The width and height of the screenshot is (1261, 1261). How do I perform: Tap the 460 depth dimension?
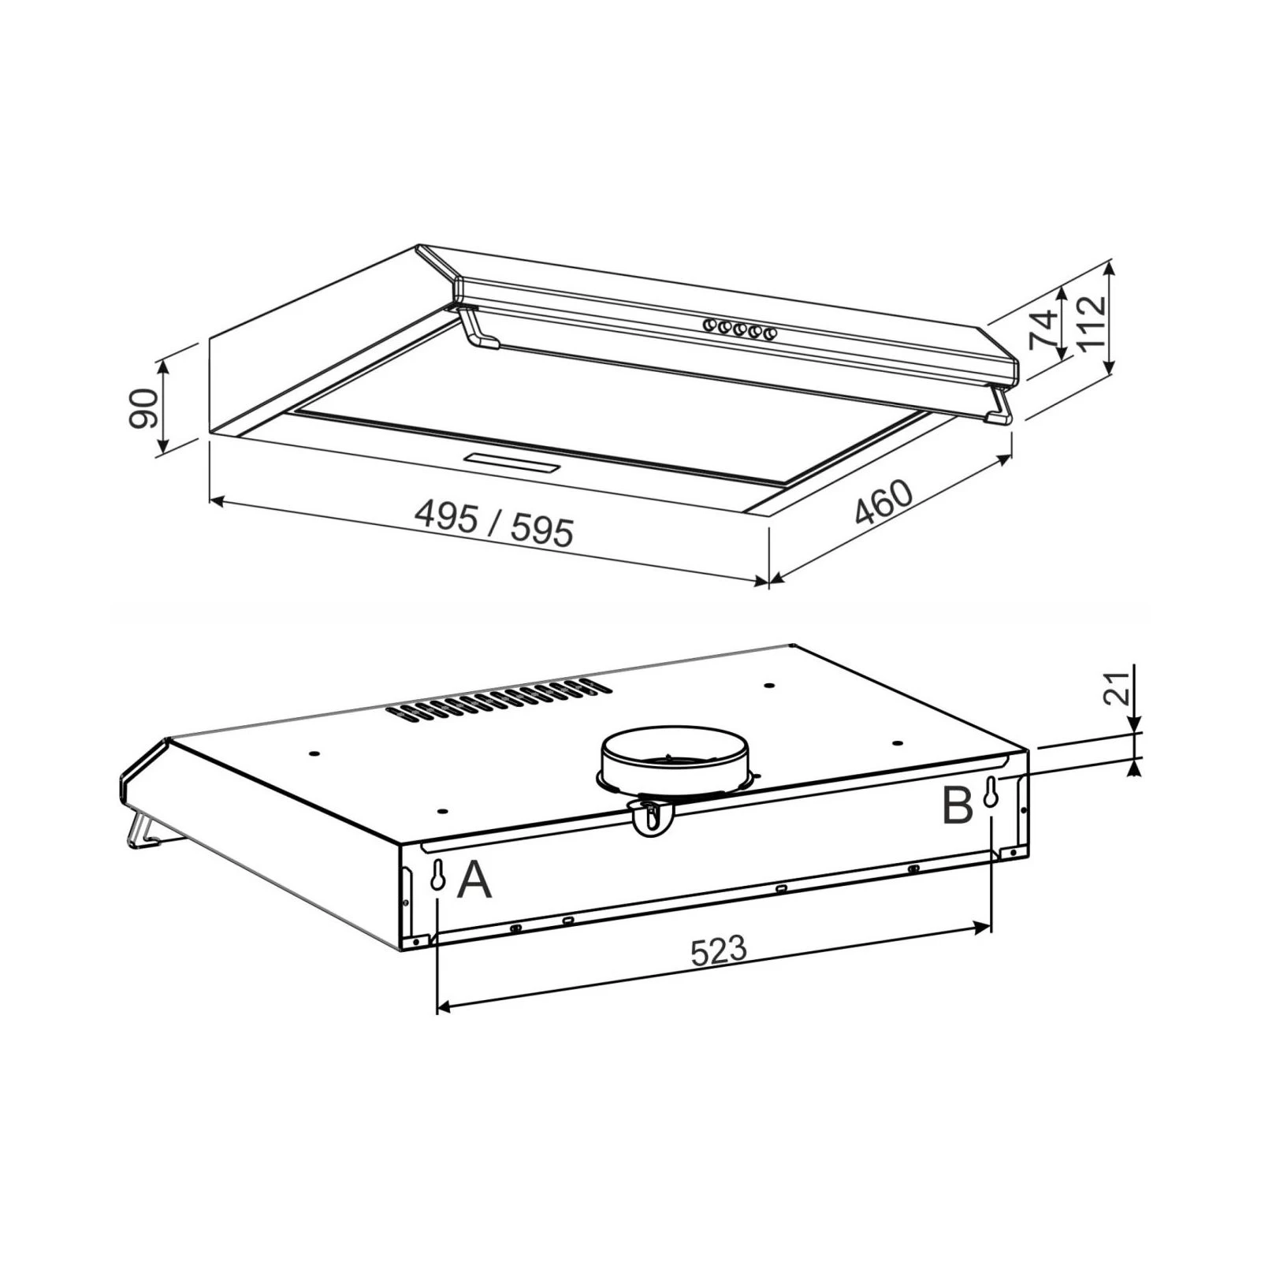click(883, 502)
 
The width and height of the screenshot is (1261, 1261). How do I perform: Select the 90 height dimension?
click(143, 407)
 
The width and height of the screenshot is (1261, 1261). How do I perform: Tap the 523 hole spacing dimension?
click(718, 950)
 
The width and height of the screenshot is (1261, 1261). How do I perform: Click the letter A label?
click(474, 880)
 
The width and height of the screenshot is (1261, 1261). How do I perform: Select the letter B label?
click(958, 806)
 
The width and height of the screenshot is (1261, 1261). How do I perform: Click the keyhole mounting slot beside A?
click(437, 876)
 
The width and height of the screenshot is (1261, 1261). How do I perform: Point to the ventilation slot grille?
click(500, 699)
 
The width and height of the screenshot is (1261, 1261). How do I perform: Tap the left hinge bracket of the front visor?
click(479, 328)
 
